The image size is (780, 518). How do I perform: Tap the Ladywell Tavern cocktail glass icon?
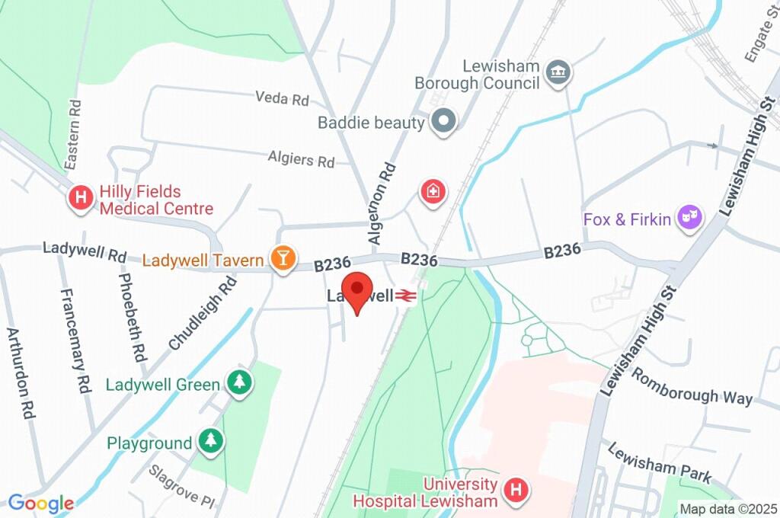pyautogui.click(x=283, y=259)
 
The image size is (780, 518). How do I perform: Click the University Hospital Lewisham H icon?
pyautogui.click(x=516, y=491)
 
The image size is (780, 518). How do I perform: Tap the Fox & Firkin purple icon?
pyautogui.click(x=691, y=219)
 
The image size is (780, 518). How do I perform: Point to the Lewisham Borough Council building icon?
pyautogui.click(x=559, y=73)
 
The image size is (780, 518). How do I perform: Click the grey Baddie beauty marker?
pyautogui.click(x=443, y=121)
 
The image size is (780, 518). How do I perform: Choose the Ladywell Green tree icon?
pyautogui.click(x=240, y=384)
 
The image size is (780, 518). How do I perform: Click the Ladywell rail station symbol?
pyautogui.click(x=405, y=296)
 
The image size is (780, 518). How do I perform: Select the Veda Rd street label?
pyautogui.click(x=283, y=99)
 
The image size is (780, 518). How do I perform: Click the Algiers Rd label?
pyautogui.click(x=302, y=159)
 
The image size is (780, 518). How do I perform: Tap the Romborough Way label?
pyautogui.click(x=692, y=387)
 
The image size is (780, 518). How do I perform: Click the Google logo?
pyautogui.click(x=40, y=504)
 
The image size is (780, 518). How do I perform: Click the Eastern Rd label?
pyautogui.click(x=72, y=134)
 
